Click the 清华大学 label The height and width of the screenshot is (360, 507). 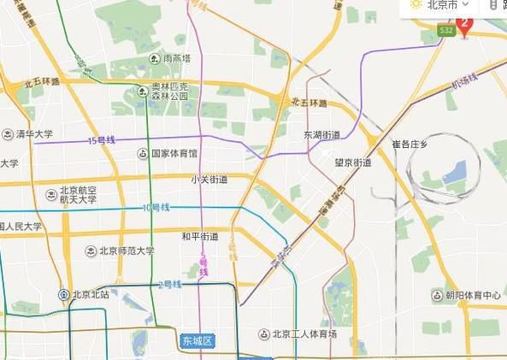click(x=33, y=134)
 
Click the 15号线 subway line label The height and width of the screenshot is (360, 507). click(x=101, y=140)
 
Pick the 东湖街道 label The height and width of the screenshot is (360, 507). click(x=321, y=135)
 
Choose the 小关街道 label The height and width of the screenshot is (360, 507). click(x=209, y=180)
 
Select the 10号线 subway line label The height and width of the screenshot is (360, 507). click(x=156, y=208)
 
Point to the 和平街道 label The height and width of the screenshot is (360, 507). click(x=200, y=236)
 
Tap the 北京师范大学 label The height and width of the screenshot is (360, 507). click(x=125, y=251)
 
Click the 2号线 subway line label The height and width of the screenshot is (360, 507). click(x=171, y=284)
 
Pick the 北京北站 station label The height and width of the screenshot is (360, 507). click(x=91, y=295)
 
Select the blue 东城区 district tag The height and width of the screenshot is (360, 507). click(x=197, y=341)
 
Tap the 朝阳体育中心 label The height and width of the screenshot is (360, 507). click(x=473, y=296)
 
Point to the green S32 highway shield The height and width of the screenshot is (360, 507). click(x=445, y=31)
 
